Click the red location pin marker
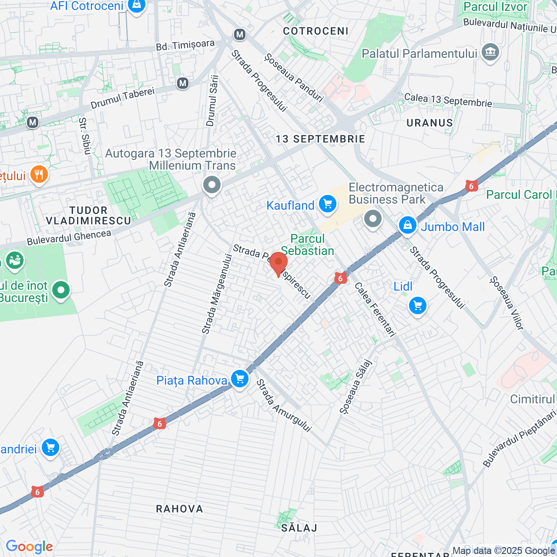pyautogui.click(x=278, y=263)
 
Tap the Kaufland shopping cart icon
pyautogui.click(x=328, y=204)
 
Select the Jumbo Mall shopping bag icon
pyautogui.click(x=408, y=225)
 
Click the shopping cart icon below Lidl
pyautogui.click(x=418, y=306)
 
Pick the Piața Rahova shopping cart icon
pyautogui.click(x=239, y=379)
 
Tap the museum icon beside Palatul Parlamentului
pyautogui.click(x=490, y=52)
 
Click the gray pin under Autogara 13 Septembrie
pyautogui.click(x=212, y=185)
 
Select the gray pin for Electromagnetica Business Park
pyautogui.click(x=372, y=219)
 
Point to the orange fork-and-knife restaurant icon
pyautogui.click(x=39, y=175)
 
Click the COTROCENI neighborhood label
pyautogui.click(x=315, y=31)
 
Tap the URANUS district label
pyautogui.click(x=429, y=123)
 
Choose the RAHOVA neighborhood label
pyautogui.click(x=179, y=509)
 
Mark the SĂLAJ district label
pyautogui.click(x=299, y=528)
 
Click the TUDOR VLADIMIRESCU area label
pyautogui.click(x=88, y=216)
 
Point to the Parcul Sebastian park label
pyautogui.click(x=308, y=245)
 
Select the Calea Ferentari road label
pyautogui.click(x=375, y=309)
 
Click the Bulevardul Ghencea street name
pyautogui.click(x=69, y=238)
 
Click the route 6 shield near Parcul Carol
pyautogui.click(x=471, y=186)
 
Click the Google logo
pyautogui.click(x=29, y=547)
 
